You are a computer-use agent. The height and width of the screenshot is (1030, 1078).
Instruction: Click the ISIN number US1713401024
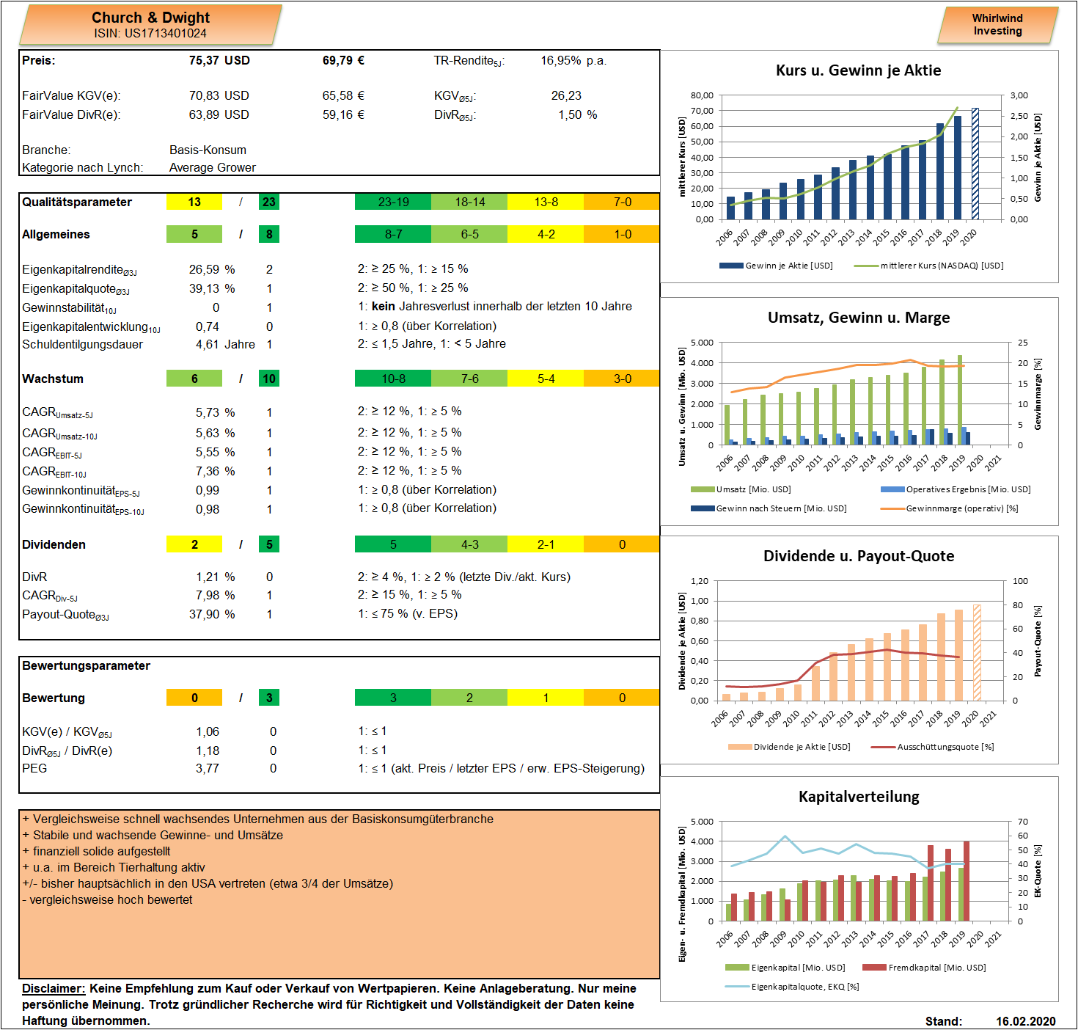point(165,33)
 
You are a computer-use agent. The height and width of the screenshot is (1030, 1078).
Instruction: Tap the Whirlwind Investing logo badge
point(997,25)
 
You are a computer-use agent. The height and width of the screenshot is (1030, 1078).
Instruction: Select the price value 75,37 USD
point(219,60)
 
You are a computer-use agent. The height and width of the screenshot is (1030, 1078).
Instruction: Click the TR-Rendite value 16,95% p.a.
point(574,60)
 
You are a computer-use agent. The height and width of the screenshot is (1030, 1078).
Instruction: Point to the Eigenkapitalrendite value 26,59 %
point(212,269)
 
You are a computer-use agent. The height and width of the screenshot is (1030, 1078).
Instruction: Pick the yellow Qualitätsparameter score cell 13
point(194,202)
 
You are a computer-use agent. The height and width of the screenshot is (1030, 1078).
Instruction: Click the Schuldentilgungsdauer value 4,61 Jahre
point(225,344)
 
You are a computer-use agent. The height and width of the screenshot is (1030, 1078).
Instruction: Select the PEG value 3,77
point(208,768)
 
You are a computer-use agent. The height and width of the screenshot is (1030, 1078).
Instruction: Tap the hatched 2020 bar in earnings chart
point(975,164)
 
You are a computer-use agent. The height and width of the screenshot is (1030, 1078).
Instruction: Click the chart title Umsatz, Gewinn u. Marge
point(858,318)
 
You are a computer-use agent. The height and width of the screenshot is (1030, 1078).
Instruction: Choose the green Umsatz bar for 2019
point(960,400)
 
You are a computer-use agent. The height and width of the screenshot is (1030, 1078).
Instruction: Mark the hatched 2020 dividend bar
point(977,653)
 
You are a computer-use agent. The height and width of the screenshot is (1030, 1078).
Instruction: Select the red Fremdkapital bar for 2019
point(966,881)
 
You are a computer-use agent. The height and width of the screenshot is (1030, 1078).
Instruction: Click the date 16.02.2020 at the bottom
point(1025,1021)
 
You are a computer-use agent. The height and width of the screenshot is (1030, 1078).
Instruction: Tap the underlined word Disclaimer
point(54,988)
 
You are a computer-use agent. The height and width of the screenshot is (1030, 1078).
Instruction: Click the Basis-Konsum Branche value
point(208,150)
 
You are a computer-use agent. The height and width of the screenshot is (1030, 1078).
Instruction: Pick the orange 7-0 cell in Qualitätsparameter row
point(622,202)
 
